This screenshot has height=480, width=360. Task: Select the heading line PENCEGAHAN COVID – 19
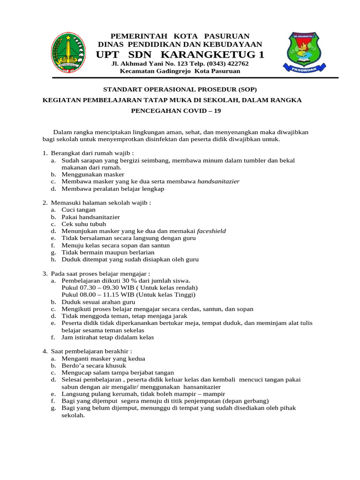(x=180, y=111)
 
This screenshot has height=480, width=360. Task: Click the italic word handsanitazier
(x=218, y=181)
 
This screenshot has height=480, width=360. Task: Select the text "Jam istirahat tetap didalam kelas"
(x=107, y=337)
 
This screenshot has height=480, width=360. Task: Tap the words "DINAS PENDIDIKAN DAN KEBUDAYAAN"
(x=180, y=44)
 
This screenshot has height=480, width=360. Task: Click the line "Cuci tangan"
(x=78, y=210)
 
